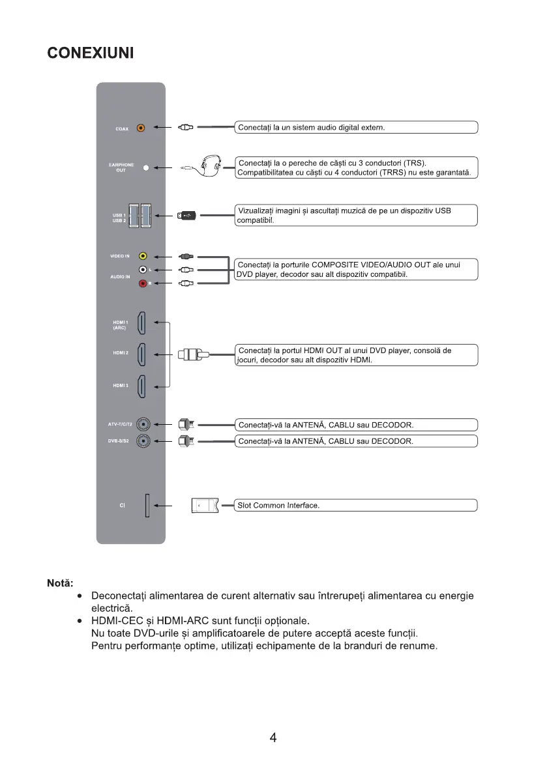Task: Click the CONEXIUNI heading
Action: (x=91, y=53)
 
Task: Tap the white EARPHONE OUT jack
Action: (x=146, y=168)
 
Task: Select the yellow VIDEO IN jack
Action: (x=143, y=257)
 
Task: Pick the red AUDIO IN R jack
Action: (x=143, y=283)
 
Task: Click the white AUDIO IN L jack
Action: (x=143, y=270)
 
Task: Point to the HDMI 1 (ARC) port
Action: (x=144, y=324)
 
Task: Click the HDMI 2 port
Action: (x=144, y=355)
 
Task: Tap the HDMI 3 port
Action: (x=144, y=386)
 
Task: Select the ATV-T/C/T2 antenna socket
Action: (x=143, y=425)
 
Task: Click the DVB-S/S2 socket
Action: (x=143, y=441)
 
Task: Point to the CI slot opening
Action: (x=147, y=505)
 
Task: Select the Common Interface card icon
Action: (x=205, y=506)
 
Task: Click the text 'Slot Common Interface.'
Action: (x=278, y=506)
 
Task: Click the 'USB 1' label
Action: (x=118, y=214)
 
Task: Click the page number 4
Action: (x=273, y=738)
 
